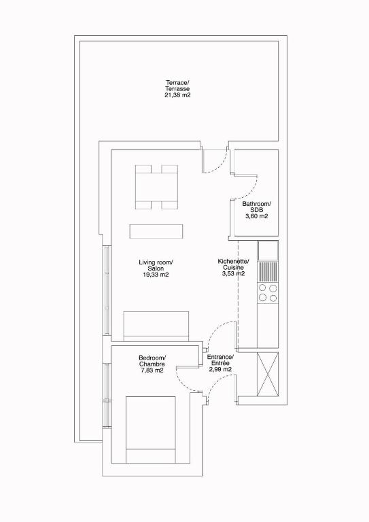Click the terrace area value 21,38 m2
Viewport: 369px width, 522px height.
click(x=177, y=95)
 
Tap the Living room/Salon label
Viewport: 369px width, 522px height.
click(x=156, y=265)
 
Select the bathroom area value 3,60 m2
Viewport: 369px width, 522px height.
click(x=257, y=216)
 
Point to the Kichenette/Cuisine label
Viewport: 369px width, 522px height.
click(x=233, y=264)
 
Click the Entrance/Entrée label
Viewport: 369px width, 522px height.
click(x=220, y=360)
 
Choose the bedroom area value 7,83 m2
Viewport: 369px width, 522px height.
click(x=152, y=370)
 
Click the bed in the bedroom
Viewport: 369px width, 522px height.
click(x=151, y=430)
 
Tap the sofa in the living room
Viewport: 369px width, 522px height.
click(x=156, y=326)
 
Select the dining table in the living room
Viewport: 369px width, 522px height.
click(x=156, y=187)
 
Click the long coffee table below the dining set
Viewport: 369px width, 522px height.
click(x=156, y=231)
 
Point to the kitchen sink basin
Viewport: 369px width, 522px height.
click(x=268, y=250)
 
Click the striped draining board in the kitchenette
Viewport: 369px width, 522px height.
click(x=268, y=271)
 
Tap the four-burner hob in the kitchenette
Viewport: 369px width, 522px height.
click(x=268, y=293)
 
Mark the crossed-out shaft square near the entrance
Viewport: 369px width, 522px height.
click(x=268, y=375)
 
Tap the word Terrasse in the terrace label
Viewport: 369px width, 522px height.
click(x=177, y=89)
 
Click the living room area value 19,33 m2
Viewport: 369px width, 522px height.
click(x=156, y=275)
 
